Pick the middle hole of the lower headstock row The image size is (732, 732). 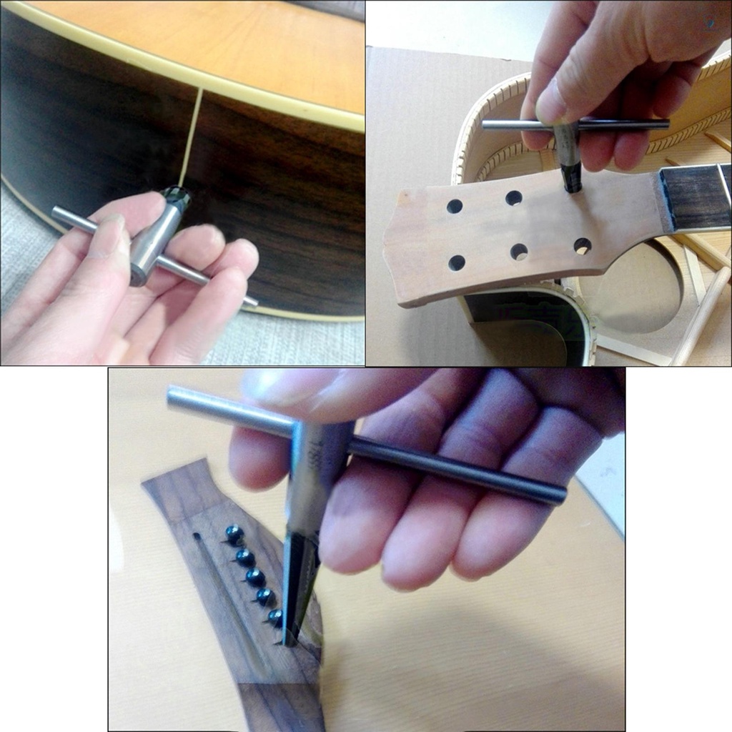point(519,252)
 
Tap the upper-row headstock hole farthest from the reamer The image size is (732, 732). point(455,207)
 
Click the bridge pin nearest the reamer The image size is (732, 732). point(275,616)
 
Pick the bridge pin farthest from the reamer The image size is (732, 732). point(234,533)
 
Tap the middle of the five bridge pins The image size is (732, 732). point(255,576)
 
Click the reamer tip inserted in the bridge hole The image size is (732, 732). point(289,636)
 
